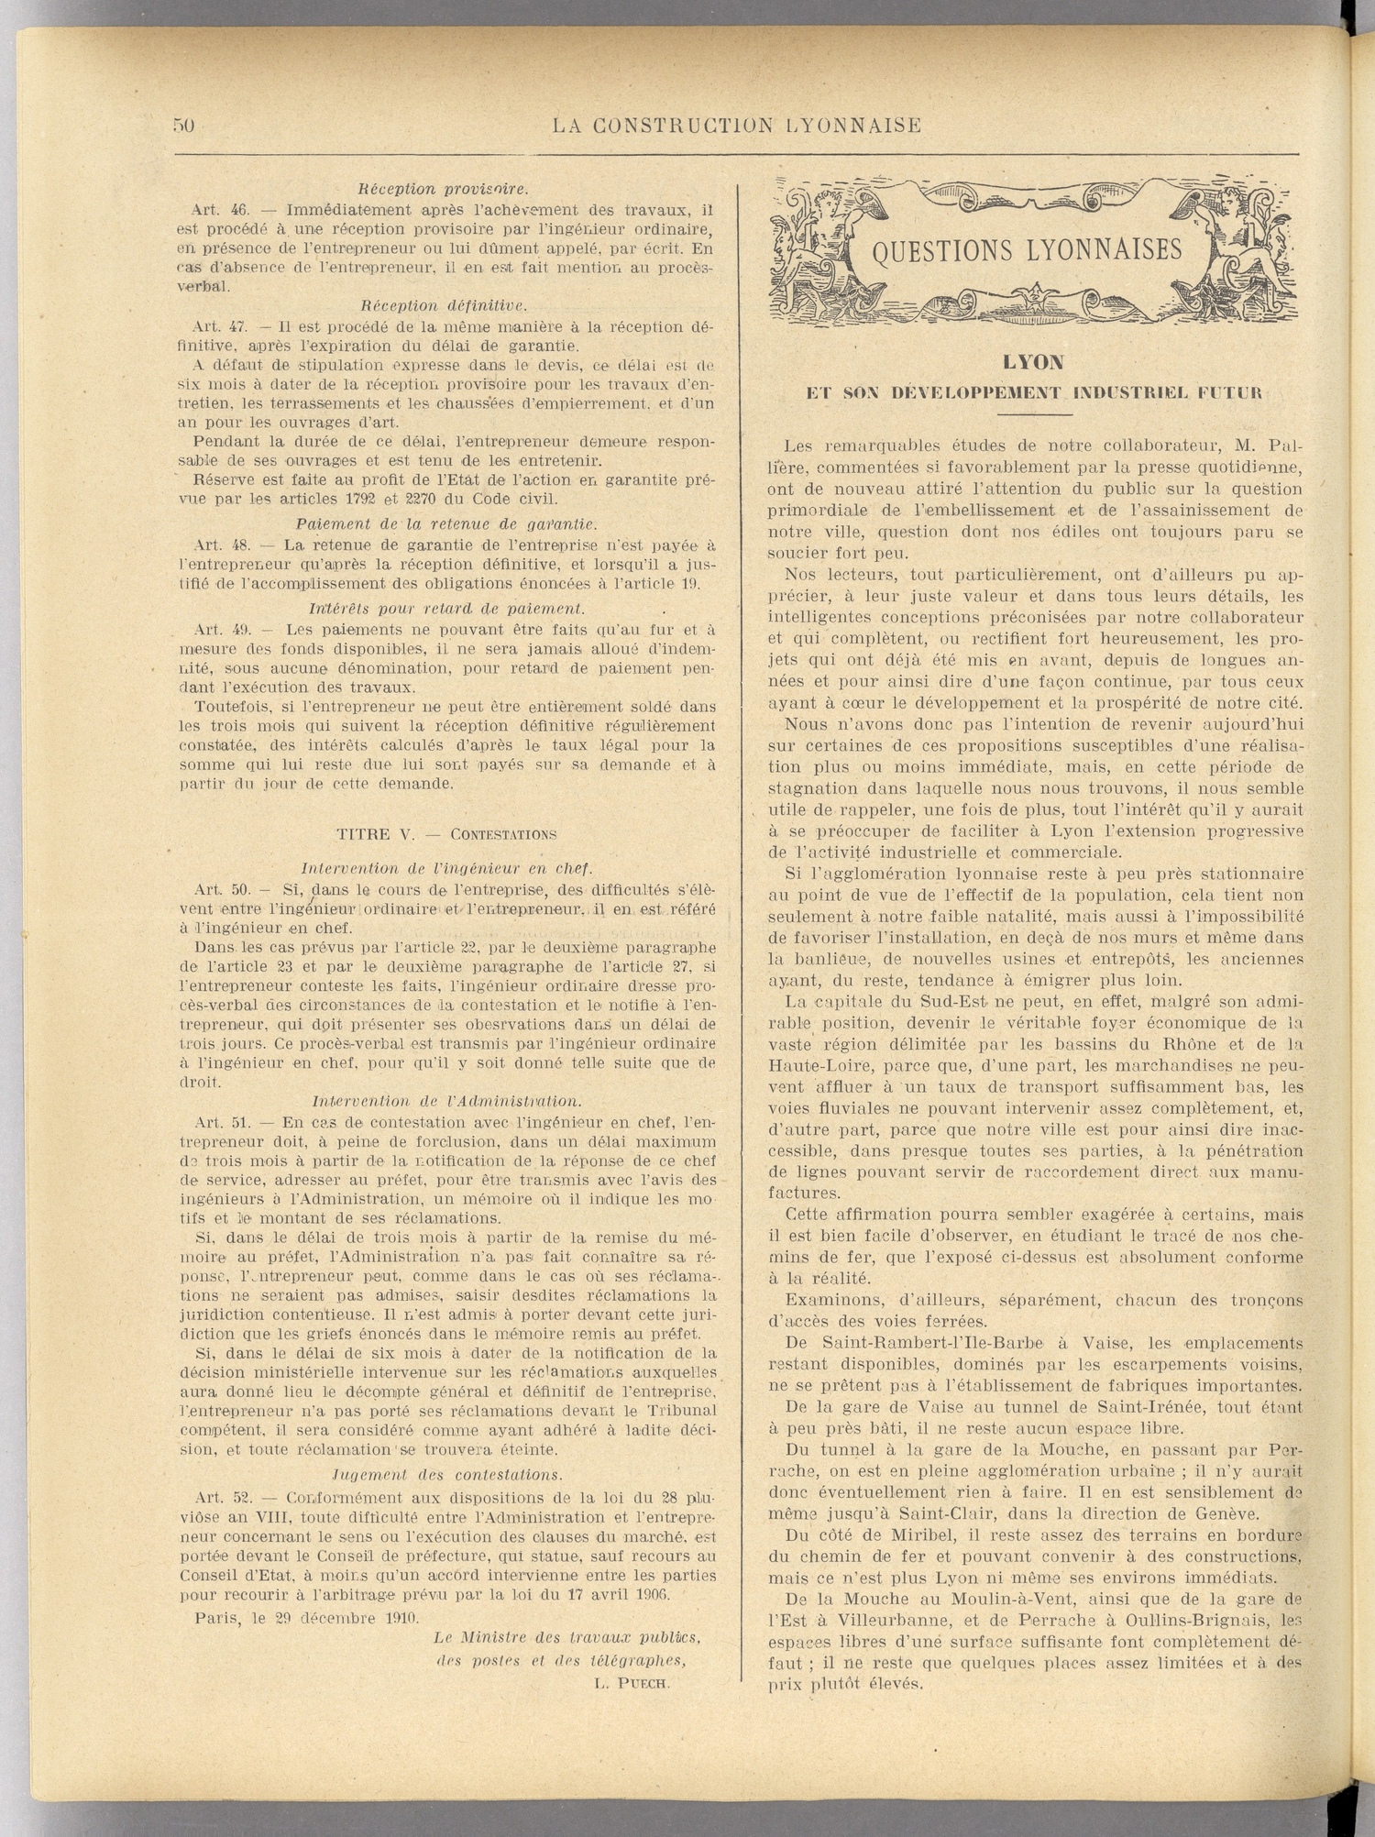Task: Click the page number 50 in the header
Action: (183, 126)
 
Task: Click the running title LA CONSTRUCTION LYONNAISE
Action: (737, 126)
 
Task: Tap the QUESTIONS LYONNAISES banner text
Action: (1027, 250)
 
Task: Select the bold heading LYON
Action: (1033, 363)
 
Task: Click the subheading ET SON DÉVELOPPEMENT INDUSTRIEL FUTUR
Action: (1034, 393)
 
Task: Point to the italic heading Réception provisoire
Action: (444, 190)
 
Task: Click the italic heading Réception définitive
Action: (444, 305)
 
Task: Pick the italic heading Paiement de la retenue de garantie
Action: (446, 524)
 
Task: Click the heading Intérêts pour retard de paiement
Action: (446, 608)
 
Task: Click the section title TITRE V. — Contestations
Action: (446, 834)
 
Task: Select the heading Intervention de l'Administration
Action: (446, 1101)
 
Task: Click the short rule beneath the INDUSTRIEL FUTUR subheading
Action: (1033, 415)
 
